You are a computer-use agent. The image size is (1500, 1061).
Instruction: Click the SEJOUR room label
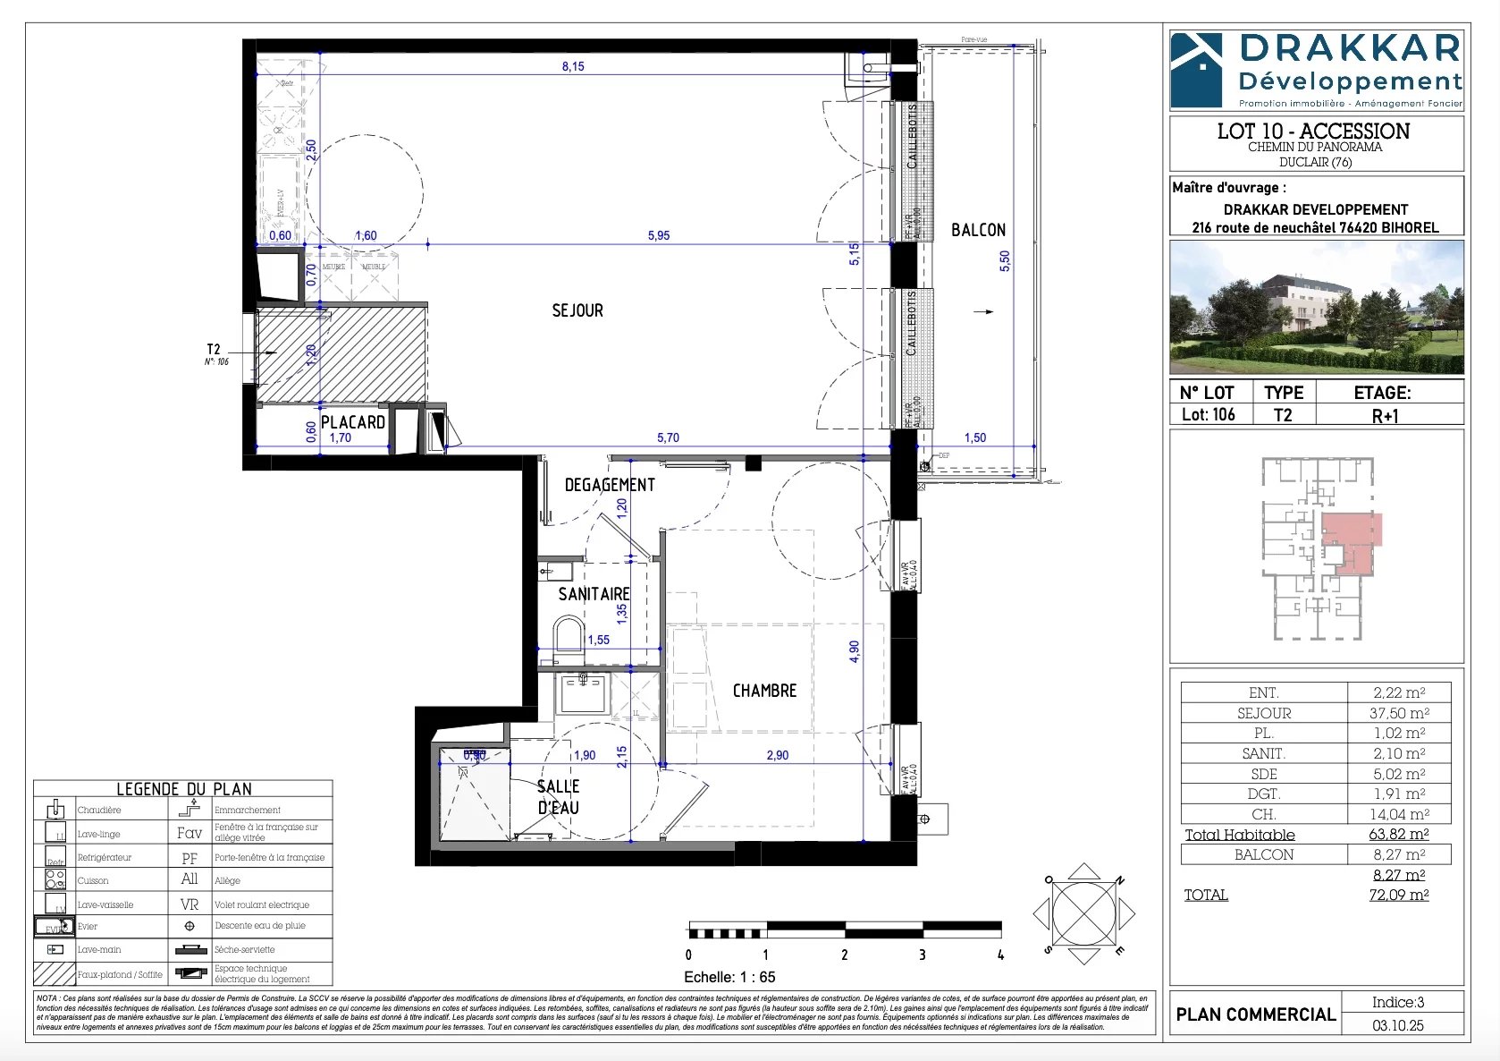577,310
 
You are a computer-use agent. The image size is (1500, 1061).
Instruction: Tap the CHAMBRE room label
764,691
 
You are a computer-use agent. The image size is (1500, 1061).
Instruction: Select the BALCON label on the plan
978,230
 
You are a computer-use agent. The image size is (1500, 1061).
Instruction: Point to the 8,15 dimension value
573,66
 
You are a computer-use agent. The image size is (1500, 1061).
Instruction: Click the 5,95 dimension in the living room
659,235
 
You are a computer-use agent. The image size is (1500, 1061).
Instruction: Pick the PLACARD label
353,422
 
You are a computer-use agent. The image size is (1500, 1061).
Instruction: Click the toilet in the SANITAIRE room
568,634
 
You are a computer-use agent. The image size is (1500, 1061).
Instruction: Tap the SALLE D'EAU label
558,796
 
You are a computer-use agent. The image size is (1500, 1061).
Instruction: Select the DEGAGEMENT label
610,485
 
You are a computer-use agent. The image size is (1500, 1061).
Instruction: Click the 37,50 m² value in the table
1399,713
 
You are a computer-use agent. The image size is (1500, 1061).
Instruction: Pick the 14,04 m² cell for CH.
1399,814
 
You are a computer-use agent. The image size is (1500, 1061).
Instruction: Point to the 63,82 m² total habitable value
1399,835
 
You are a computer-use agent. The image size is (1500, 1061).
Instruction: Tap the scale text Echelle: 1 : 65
729,977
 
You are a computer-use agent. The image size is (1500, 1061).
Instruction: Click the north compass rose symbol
1083,913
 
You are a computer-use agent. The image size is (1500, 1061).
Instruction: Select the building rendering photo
1317,307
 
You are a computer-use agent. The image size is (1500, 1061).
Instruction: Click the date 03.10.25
1398,1025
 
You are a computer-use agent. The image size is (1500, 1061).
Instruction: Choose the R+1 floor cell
1385,415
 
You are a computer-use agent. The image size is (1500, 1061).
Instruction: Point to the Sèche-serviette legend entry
244,949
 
